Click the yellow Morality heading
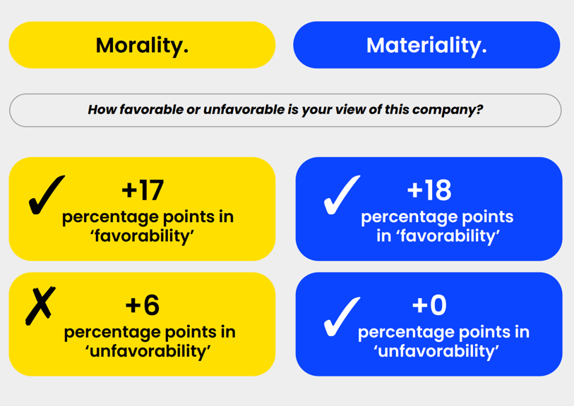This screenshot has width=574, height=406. (x=142, y=45)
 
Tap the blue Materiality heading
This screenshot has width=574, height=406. (x=426, y=45)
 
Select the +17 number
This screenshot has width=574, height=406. (x=143, y=190)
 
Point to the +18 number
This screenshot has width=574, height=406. (x=429, y=190)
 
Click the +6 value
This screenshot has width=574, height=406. (x=143, y=305)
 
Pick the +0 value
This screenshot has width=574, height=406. (x=429, y=305)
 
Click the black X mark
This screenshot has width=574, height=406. (x=40, y=306)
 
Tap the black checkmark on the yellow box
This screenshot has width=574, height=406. (x=47, y=195)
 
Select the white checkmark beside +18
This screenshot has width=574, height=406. (x=342, y=195)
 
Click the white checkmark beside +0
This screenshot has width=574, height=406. (x=342, y=316)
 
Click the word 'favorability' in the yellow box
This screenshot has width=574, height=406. (x=142, y=236)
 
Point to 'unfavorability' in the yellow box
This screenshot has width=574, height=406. (x=148, y=351)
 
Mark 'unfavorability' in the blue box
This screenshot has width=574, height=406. (x=436, y=351)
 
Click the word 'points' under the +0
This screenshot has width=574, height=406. (x=483, y=333)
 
